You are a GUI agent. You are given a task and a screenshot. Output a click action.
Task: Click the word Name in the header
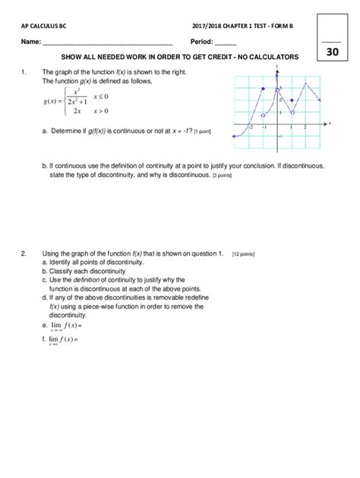click(30, 41)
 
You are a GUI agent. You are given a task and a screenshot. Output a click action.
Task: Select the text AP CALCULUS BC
click(45, 25)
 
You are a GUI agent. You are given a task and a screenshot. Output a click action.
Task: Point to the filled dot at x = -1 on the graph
click(264, 90)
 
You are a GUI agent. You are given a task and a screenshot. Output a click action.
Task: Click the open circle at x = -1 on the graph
click(264, 115)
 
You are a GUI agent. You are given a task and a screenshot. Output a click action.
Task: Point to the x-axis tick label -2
click(250, 127)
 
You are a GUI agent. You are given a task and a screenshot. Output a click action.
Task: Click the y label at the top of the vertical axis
click(277, 68)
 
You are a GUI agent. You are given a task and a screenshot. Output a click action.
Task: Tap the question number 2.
click(24, 253)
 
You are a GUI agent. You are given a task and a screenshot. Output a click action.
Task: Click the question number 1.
click(24, 72)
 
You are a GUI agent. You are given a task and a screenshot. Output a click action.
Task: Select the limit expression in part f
click(62, 339)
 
